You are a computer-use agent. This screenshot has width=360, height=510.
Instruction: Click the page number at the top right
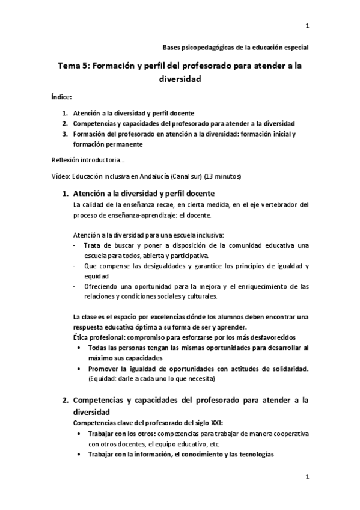pyautogui.click(x=307, y=26)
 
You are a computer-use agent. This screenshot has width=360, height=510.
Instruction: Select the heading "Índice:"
pyautogui.click(x=62, y=96)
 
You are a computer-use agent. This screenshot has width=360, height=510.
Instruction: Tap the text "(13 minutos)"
pyautogui.click(x=222, y=177)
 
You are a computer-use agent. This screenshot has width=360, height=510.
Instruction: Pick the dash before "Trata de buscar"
pyautogui.click(x=74, y=245)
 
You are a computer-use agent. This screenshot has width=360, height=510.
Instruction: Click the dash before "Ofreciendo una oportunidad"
pyautogui.click(x=74, y=286)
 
